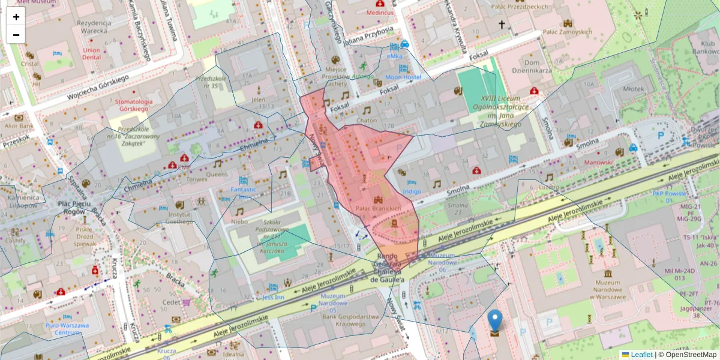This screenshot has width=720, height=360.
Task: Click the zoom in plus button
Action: coord(16,17)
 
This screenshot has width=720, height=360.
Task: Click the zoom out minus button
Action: coord(16,35)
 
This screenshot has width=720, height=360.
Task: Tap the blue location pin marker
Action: coord(494,321)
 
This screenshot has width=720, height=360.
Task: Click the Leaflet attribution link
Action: coord(641,355)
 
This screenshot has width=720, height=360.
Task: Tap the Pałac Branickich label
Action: coord(378,208)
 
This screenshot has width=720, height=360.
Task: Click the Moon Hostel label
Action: coord(403,77)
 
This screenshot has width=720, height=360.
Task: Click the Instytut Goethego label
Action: coord(179,218)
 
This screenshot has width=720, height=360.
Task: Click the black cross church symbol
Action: coord(502,25)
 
